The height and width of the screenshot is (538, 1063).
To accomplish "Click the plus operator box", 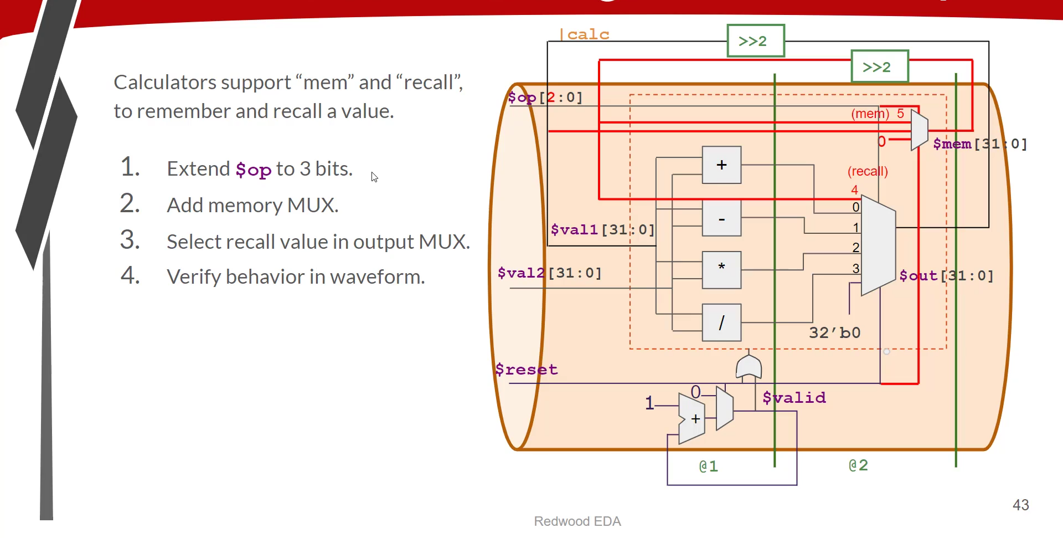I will tap(721, 165).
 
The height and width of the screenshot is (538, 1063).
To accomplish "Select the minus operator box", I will tap(721, 219).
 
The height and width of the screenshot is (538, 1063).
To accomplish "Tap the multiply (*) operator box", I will tap(721, 270).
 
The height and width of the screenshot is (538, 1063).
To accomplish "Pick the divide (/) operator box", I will tap(721, 322).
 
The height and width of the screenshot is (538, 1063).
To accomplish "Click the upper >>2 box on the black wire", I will tap(755, 40).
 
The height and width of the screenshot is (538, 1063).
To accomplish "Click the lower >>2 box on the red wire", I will tap(879, 66).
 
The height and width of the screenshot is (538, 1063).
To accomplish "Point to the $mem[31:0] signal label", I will tap(979, 144).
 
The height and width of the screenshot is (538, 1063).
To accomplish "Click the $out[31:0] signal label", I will tap(946, 275).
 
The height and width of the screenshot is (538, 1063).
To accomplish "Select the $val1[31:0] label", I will tap(602, 229).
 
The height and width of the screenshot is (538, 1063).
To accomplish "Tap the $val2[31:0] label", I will tap(549, 273).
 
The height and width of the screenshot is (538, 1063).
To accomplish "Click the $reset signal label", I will tap(526, 370).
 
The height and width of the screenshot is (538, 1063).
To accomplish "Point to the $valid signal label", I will tap(794, 397).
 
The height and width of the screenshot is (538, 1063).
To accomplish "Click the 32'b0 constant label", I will tap(834, 332).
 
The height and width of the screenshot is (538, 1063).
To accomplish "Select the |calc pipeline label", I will tap(585, 34).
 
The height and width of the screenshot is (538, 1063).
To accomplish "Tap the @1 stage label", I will tap(709, 466).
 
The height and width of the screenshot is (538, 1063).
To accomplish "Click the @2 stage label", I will tap(858, 465).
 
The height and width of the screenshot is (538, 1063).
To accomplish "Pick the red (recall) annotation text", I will tap(868, 171).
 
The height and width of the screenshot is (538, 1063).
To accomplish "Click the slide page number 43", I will tap(1020, 505).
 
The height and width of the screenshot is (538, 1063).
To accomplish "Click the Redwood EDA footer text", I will tap(577, 521).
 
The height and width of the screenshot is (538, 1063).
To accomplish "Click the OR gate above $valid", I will tap(749, 367).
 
